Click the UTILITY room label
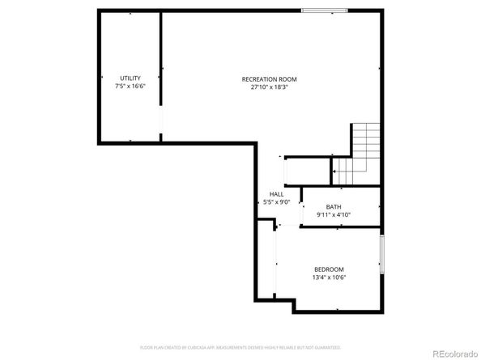130,78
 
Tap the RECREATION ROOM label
269,78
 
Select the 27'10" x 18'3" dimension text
269,87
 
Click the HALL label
276,195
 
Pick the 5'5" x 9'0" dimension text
276,203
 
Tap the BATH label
333,207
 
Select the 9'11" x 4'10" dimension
333,216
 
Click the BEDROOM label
329,269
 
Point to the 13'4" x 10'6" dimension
329,278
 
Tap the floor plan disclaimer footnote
240,347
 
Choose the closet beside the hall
307,172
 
